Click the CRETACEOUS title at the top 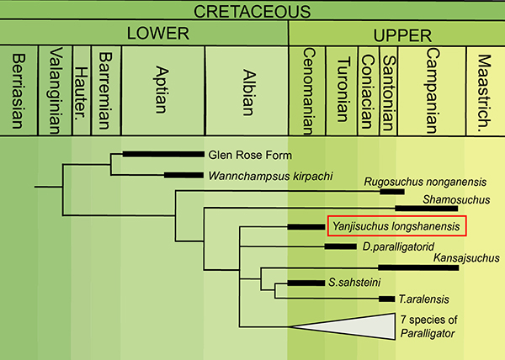tap(252, 10)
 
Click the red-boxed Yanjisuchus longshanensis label tap(395, 226)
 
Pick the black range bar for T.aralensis tap(387, 299)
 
